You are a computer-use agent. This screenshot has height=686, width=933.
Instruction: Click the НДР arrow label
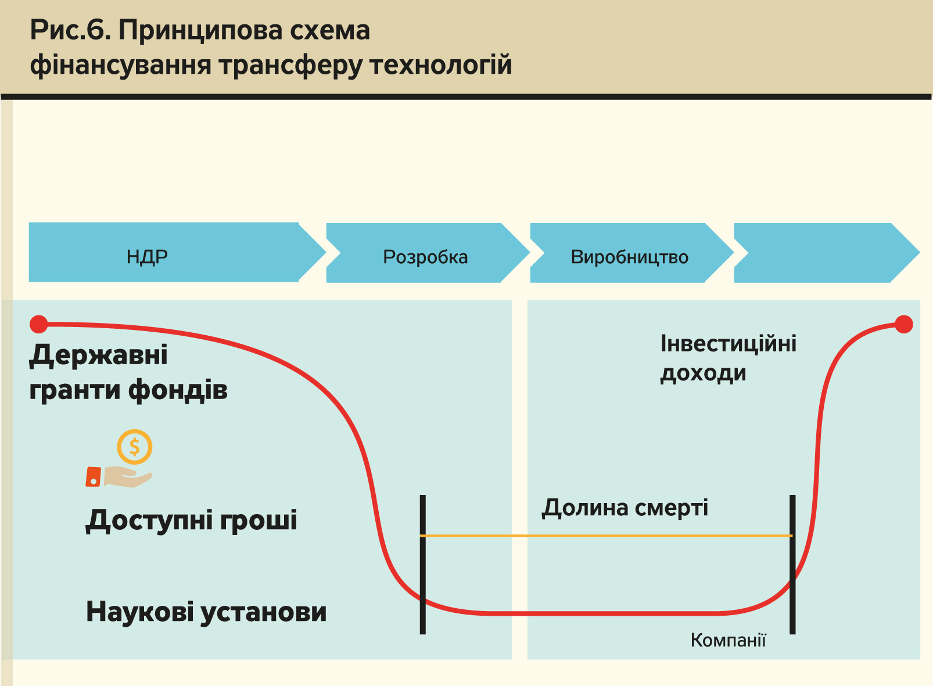147,256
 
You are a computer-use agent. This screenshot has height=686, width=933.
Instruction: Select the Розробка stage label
425,257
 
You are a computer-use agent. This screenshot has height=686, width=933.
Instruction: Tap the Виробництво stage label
629,257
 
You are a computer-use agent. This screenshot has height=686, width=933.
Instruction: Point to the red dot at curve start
39,324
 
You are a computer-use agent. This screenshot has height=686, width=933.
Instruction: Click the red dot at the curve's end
903,324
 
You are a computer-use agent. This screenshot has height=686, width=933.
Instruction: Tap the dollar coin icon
134,447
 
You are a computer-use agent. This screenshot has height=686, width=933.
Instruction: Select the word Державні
99,355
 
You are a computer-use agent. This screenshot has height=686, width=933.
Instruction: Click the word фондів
178,390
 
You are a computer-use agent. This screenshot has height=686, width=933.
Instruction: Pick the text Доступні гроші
192,520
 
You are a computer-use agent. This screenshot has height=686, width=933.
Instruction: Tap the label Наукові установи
206,612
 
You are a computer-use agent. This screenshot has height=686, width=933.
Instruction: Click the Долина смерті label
625,508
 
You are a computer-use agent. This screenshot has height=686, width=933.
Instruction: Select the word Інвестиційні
729,343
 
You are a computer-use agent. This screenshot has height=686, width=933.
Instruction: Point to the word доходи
703,373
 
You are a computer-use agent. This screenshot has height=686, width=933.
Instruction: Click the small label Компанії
728,640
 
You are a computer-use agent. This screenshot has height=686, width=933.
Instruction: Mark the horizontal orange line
607,536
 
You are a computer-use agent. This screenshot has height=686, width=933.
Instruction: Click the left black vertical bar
423,563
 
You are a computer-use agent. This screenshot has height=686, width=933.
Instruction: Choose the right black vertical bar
792,563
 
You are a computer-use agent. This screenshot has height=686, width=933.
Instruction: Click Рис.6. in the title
70,30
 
